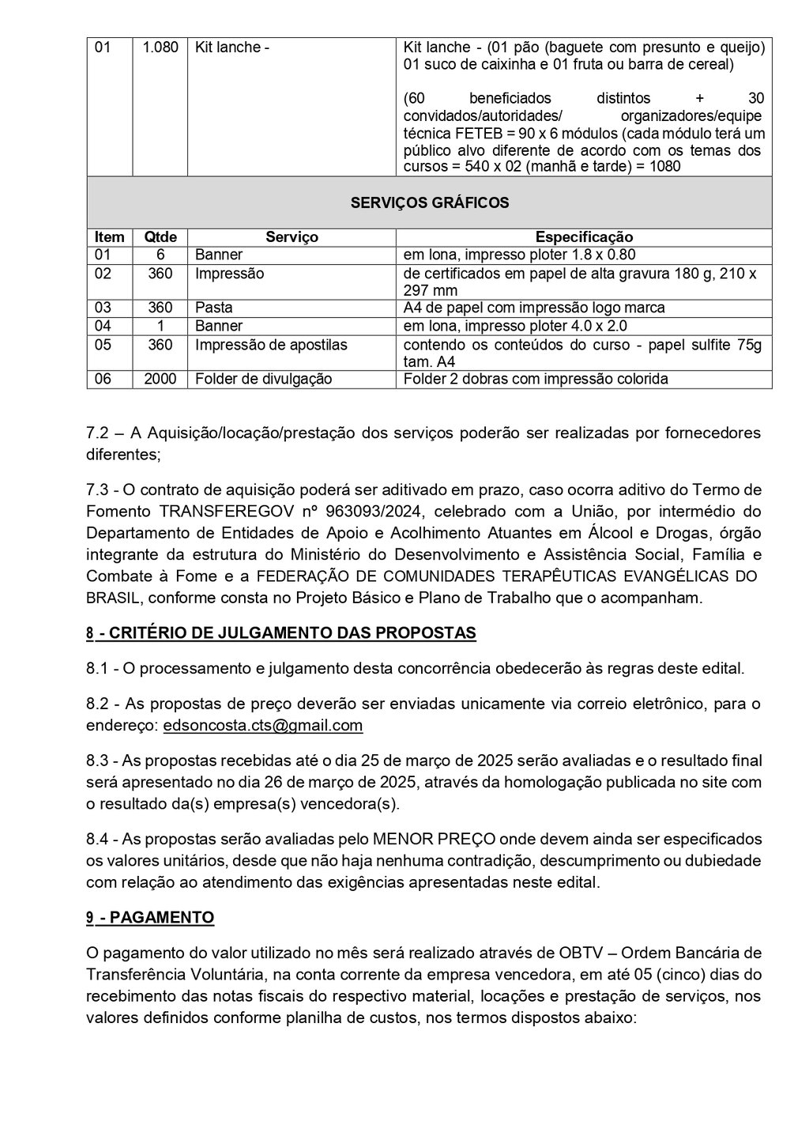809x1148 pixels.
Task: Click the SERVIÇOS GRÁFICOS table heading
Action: click(x=429, y=202)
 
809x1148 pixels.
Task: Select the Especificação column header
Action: click(x=584, y=237)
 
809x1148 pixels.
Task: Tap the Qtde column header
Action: click(x=160, y=237)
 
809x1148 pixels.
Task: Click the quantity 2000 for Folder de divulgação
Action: click(x=160, y=379)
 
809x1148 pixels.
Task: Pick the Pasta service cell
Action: click(x=213, y=308)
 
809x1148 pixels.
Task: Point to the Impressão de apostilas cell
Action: click(x=271, y=345)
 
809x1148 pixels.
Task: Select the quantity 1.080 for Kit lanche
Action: click(x=160, y=47)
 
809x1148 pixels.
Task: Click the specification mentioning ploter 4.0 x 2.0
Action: click(x=515, y=326)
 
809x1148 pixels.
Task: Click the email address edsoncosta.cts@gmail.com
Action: click(x=263, y=725)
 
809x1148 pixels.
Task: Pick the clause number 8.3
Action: click(x=98, y=761)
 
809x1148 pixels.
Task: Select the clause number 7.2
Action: click(x=98, y=432)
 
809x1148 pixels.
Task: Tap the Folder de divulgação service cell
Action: click(x=263, y=379)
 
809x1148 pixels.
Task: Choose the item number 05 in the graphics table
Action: click(x=103, y=345)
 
